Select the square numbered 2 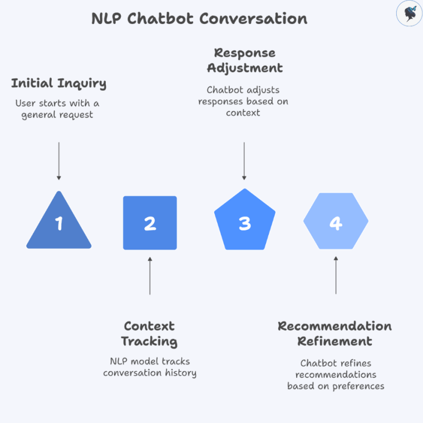pos(150,223)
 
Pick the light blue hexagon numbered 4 pos(336,222)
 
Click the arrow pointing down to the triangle pos(59,161)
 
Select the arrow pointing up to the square pos(150,275)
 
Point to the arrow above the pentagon pos(244,161)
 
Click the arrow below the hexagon pos(336,275)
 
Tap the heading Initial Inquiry pos(59,83)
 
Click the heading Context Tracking pos(150,333)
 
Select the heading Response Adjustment pos(244,61)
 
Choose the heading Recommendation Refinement pos(335,333)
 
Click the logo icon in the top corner pos(409,14)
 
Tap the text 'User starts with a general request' pos(57,109)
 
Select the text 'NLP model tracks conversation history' pos(150,367)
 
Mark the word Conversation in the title pos(253,18)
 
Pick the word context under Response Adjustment pos(244,112)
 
